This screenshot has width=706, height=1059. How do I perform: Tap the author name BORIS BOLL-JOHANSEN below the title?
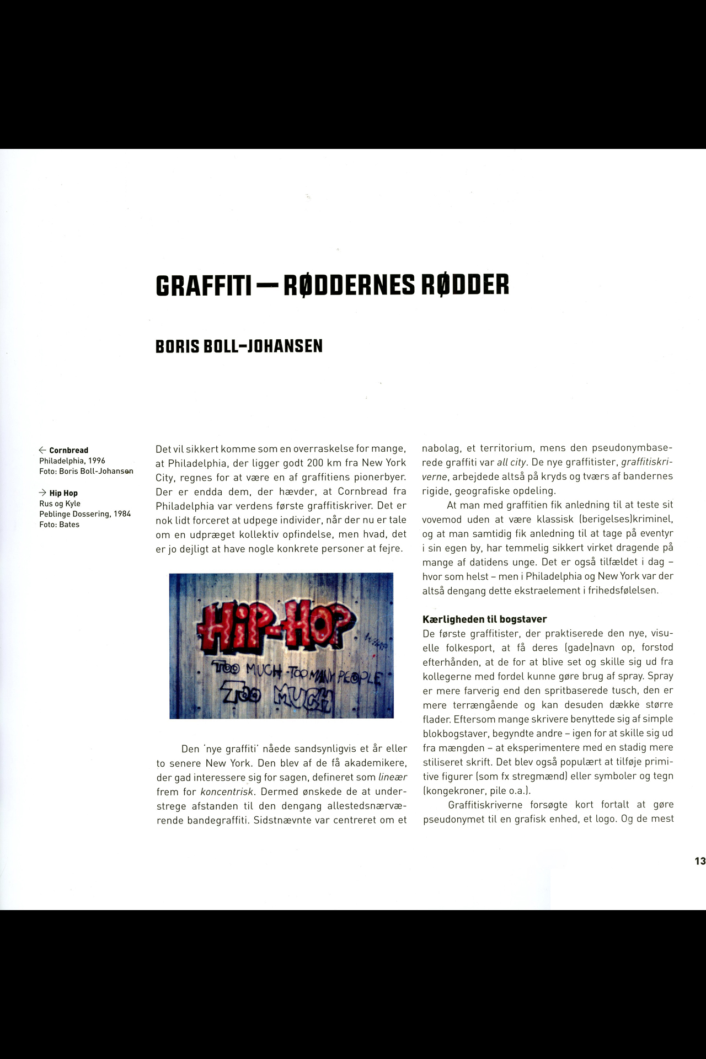coord(239,346)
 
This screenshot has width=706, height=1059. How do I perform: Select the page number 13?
coord(699,861)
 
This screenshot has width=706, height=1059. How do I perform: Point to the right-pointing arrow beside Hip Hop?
coord(42,493)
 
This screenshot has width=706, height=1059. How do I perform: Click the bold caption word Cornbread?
coord(69,451)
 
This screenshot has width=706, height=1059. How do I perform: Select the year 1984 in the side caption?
coord(122,514)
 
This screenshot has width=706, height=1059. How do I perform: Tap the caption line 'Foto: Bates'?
coord(59,525)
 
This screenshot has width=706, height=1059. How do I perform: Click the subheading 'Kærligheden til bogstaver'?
coord(484,619)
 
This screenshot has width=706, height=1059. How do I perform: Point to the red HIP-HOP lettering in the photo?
coord(276,625)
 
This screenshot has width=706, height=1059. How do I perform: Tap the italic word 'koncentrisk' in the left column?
coord(227,791)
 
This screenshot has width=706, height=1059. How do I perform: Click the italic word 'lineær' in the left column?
coord(393,777)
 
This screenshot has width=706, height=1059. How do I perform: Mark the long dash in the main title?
coord(268,286)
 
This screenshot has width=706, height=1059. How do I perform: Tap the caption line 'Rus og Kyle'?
coord(60,504)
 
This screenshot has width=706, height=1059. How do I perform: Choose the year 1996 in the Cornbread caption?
coord(97,461)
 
